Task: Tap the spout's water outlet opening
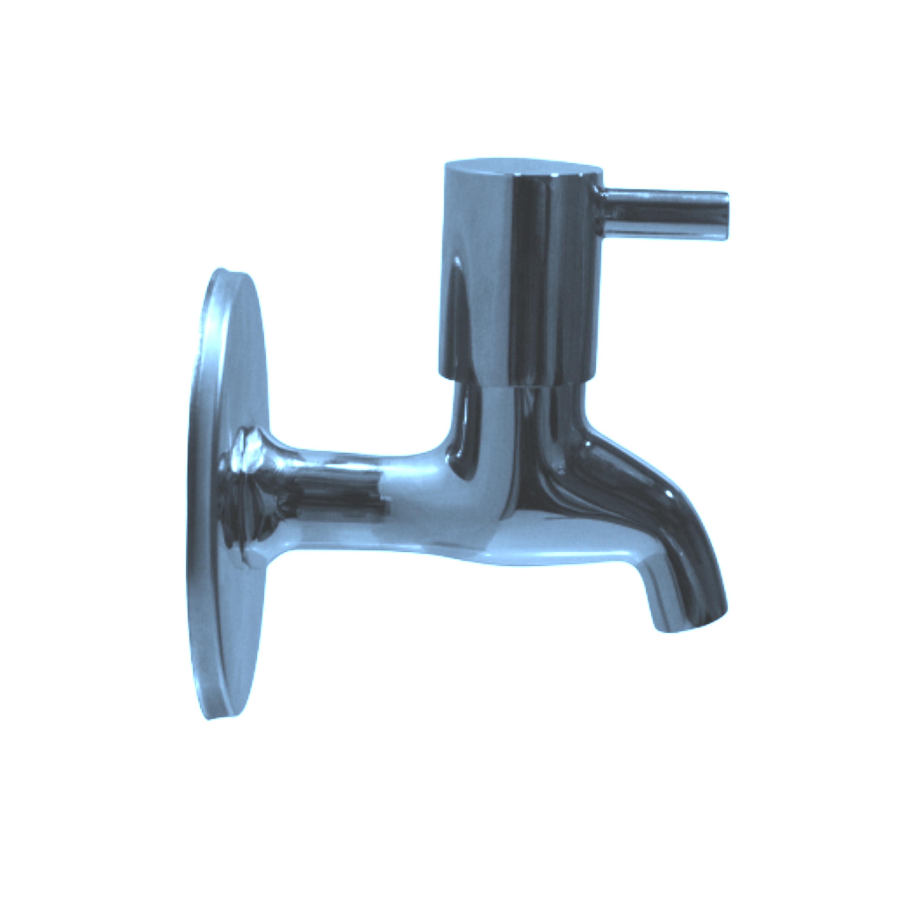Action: (692, 625)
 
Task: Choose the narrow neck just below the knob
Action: (515, 408)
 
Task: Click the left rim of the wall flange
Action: (193, 511)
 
